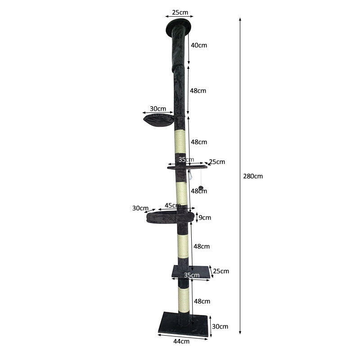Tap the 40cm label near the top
198,45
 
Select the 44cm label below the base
181,342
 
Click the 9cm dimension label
205,217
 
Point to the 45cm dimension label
173,206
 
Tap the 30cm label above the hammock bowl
158,108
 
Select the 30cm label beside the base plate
220,326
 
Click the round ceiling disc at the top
179,27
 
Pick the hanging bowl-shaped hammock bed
158,120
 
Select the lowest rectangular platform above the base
191,271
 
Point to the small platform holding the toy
187,167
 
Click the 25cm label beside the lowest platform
221,271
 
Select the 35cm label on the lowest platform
192,275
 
